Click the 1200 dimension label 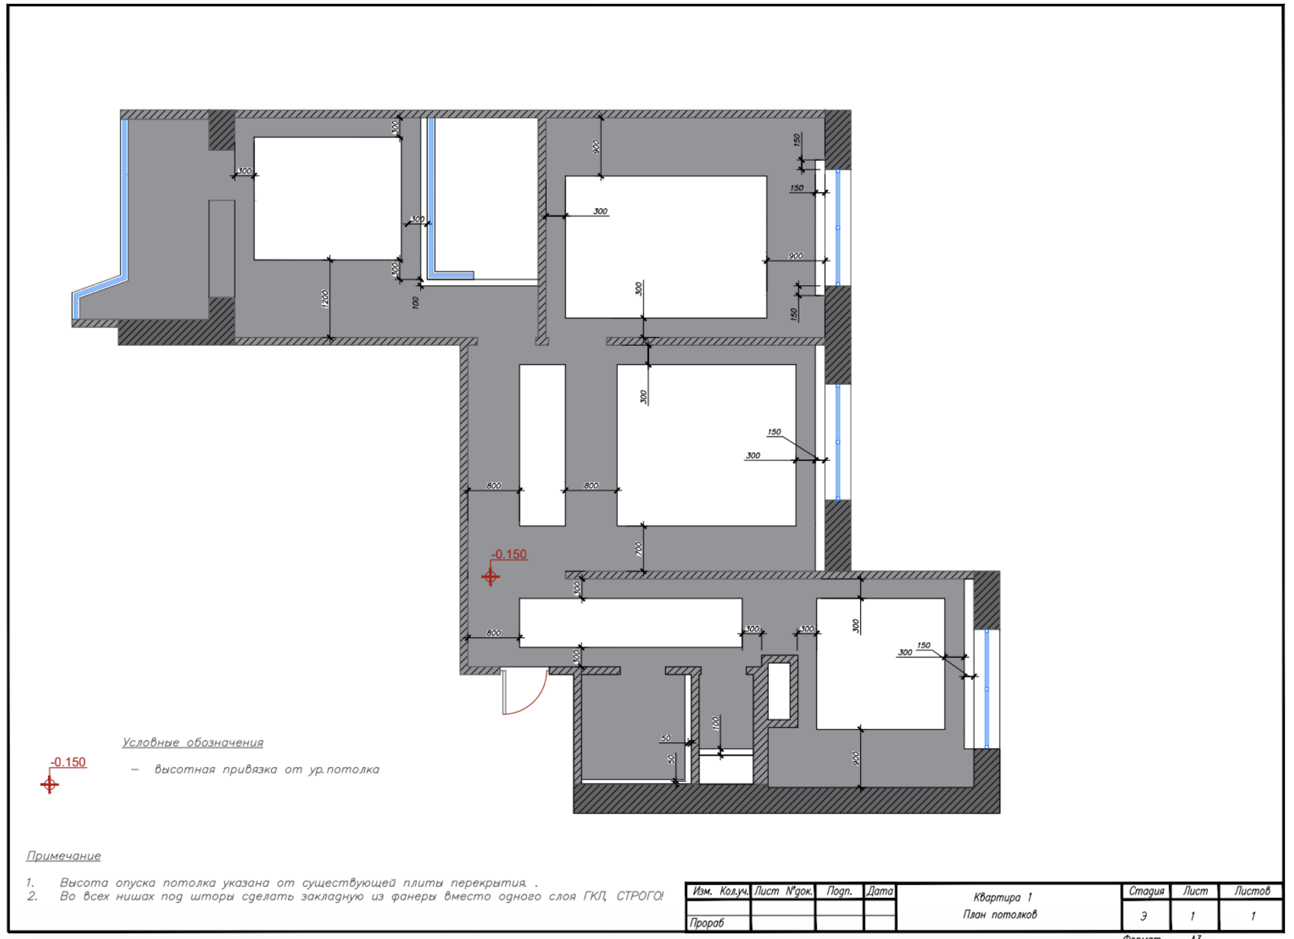coord(325,298)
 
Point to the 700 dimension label coord(639,549)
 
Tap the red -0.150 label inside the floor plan coord(509,554)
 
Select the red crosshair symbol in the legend coord(49,785)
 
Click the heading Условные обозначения coord(193,743)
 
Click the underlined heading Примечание coord(64,856)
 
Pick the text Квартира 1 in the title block coord(1002,897)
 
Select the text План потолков coord(1000,914)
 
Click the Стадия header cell coord(1146,891)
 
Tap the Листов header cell coord(1251,891)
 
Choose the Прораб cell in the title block coord(707,923)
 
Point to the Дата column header coord(880,891)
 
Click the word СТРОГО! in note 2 coord(640,896)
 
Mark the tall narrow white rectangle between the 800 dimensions coord(542,445)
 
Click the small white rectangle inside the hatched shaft coord(779,691)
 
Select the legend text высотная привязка coord(215,770)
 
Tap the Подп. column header coord(839,891)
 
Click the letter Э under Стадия coord(1144,916)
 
